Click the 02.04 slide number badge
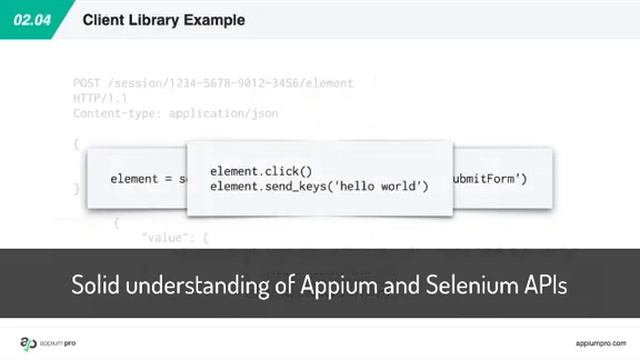[x=31, y=19]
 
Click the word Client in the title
[x=102, y=19]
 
